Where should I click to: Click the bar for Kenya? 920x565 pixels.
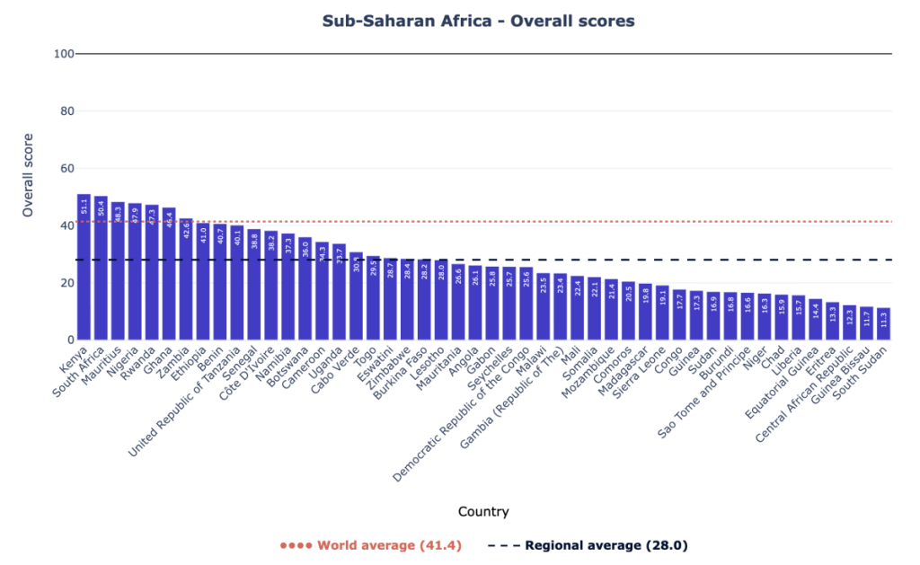[x=84, y=269]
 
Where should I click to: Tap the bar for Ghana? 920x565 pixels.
[x=169, y=278]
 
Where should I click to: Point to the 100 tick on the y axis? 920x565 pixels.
[x=63, y=54]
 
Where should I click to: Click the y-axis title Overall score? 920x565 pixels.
[x=28, y=175]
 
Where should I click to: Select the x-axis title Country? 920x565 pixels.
[x=483, y=512]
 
